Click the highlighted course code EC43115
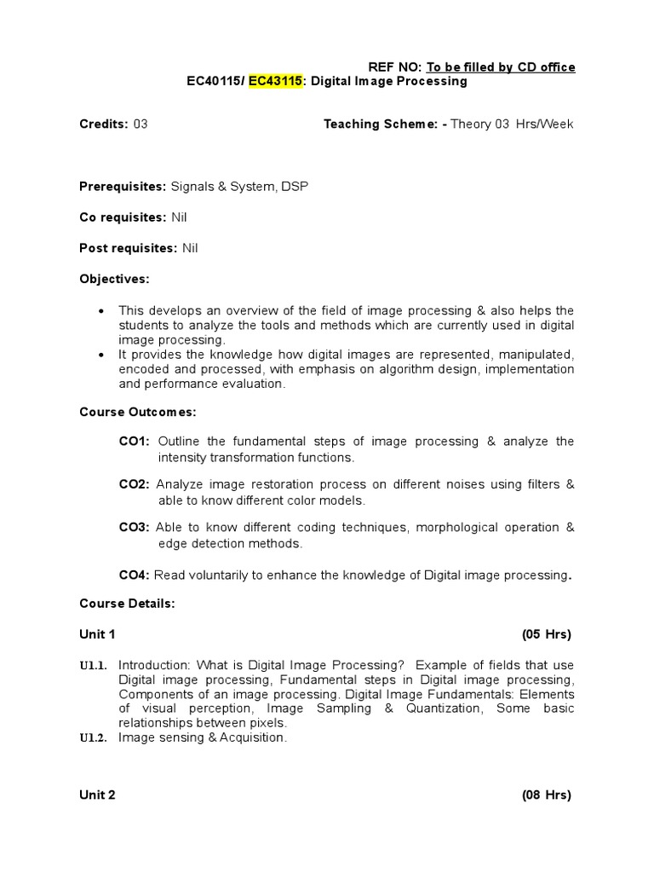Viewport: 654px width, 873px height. coord(275,82)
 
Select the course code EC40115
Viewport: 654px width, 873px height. coord(214,82)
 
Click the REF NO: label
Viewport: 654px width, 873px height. coord(394,67)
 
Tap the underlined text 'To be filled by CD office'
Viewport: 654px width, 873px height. coord(501,67)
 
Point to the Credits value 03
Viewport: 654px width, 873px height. coord(141,124)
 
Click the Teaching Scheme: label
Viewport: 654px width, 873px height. coord(385,124)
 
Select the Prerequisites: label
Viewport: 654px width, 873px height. coord(123,187)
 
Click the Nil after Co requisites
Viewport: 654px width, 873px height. coord(179,217)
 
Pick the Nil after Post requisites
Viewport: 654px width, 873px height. coord(190,248)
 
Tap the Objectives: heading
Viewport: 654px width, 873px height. coord(114,279)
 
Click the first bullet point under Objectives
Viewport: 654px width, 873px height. coord(103,310)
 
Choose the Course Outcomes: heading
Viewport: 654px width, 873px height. coord(137,412)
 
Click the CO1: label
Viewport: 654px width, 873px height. coord(135,442)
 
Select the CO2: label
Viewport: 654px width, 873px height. coord(135,484)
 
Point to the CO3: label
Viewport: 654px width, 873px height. coord(135,528)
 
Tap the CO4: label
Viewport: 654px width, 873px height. coord(135,575)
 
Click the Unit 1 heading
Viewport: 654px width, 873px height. coord(97,634)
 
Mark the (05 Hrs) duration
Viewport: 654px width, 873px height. coord(546,634)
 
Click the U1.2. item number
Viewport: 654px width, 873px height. coord(93,739)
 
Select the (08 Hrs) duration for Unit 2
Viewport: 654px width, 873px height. coord(546,795)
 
